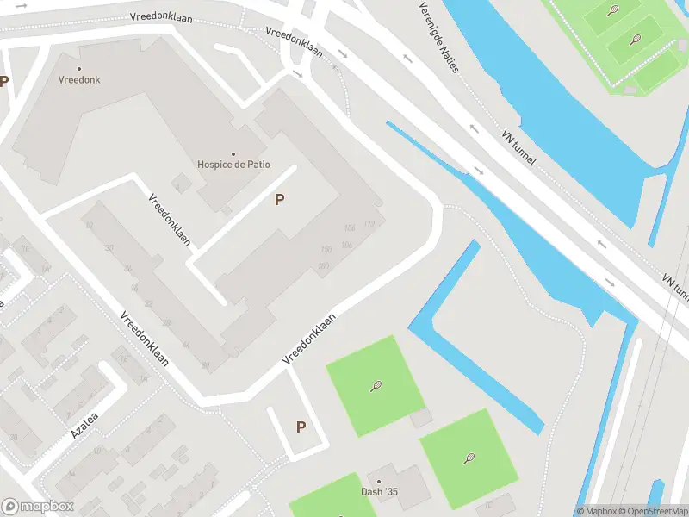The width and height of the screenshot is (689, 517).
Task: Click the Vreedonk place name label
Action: click(x=79, y=79)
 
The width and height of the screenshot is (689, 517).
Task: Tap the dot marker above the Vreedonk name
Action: click(x=79, y=68)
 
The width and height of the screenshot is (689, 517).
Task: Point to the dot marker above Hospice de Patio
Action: click(x=233, y=154)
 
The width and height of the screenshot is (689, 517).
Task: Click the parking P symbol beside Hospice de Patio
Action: click(x=279, y=200)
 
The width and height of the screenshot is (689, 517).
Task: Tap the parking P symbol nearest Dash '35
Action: click(x=301, y=427)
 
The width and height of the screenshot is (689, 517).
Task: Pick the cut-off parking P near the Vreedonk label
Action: click(x=3, y=82)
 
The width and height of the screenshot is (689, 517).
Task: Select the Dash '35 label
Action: click(x=379, y=492)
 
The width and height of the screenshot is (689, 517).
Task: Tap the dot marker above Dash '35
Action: click(x=378, y=481)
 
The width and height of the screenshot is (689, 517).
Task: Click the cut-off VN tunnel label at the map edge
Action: click(x=676, y=287)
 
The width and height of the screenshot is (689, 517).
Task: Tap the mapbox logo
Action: click(x=38, y=506)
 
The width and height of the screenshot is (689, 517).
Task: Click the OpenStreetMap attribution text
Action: click(x=658, y=511)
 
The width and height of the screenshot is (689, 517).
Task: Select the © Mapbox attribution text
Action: click(x=600, y=511)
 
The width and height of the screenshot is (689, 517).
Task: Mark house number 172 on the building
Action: click(x=369, y=224)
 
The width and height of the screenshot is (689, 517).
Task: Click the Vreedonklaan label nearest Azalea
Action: click(x=144, y=339)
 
